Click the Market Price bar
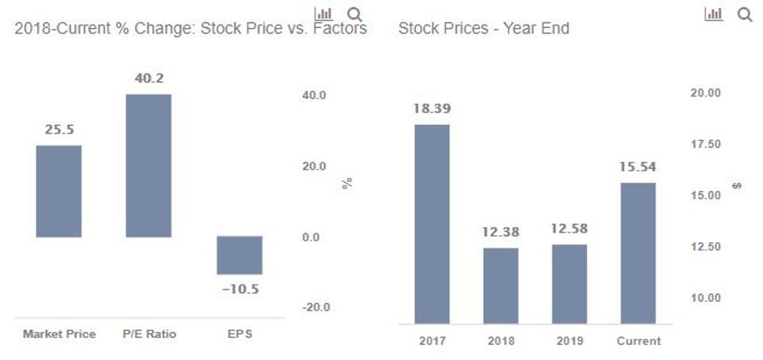[59, 191]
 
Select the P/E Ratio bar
[148, 166]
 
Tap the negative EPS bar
[240, 255]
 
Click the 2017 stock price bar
[432, 224]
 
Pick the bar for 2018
[500, 285]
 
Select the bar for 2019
[569, 284]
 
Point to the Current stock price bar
[638, 253]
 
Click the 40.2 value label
[149, 78]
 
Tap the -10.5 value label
[240, 289]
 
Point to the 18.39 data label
[432, 108]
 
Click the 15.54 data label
[638, 167]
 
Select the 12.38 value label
[500, 232]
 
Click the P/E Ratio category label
[149, 335]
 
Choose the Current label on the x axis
[639, 341]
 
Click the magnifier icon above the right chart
[745, 14]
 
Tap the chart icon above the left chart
[323, 14]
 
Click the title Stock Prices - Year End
[483, 29]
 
